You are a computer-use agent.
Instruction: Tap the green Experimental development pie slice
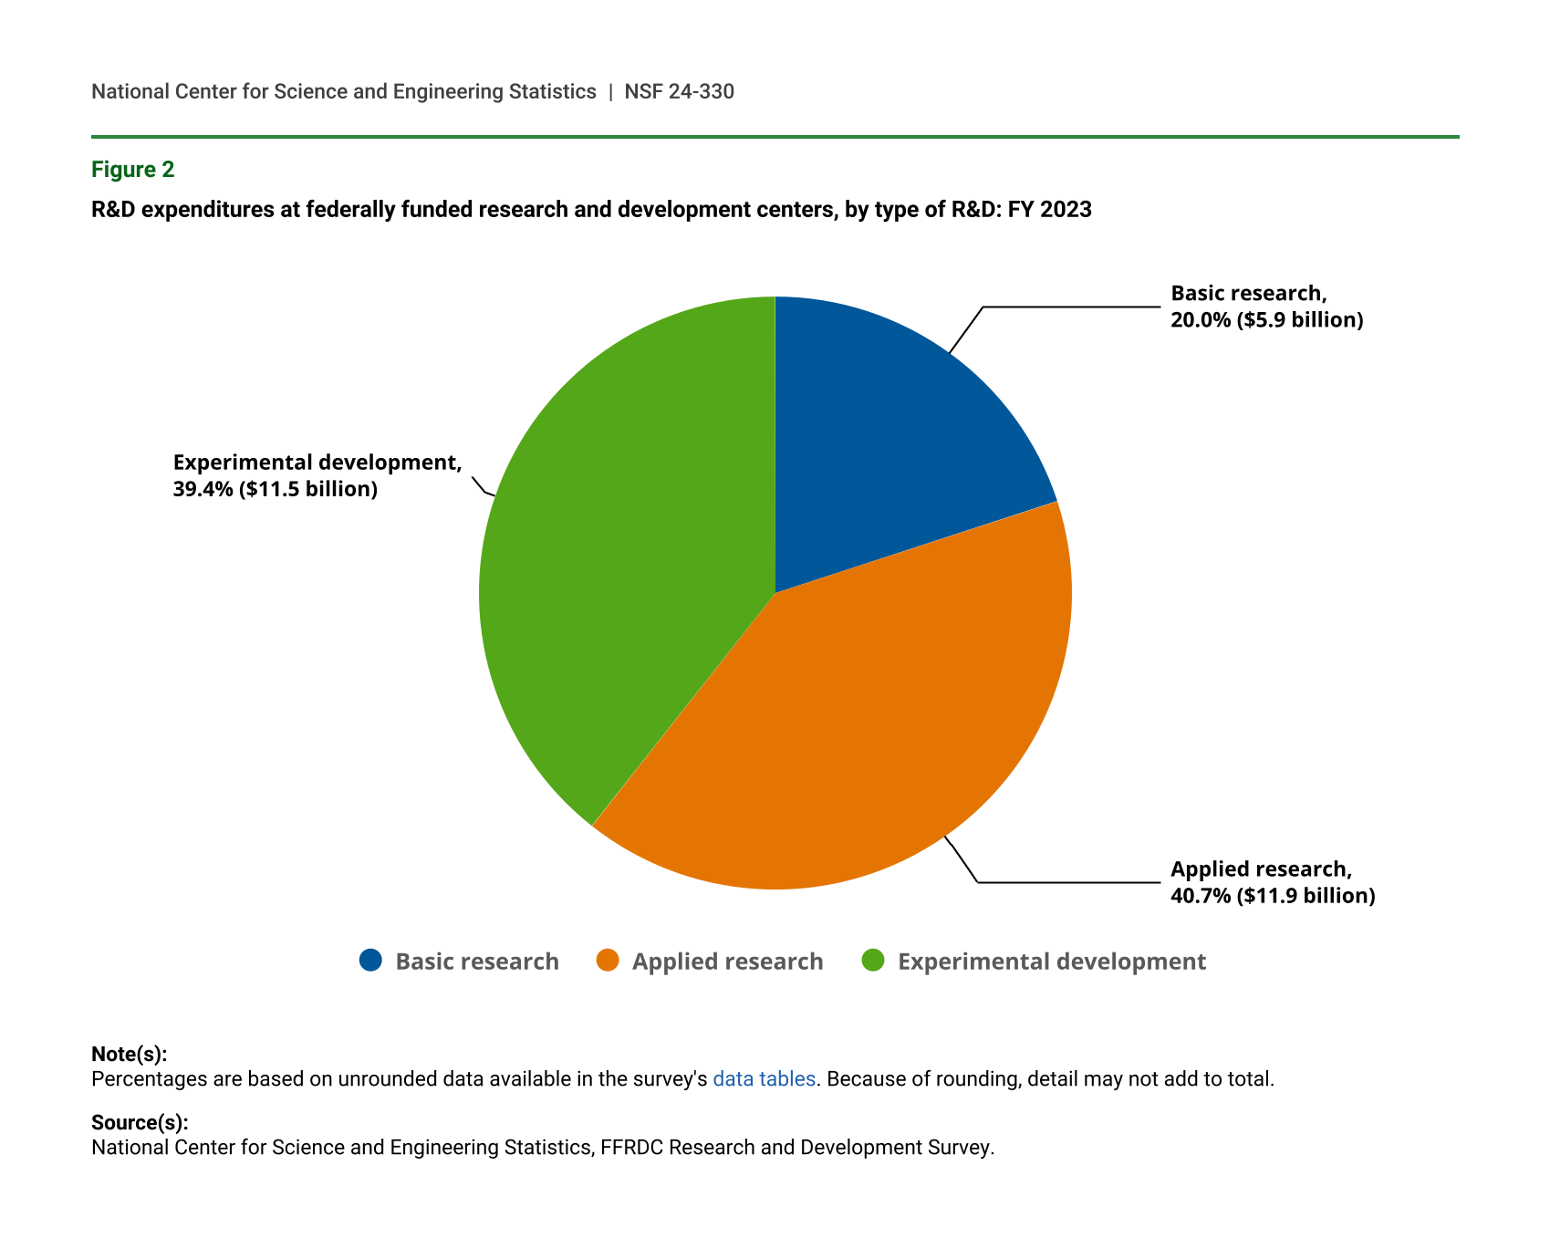tap(620, 566)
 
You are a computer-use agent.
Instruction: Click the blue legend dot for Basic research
tap(370, 961)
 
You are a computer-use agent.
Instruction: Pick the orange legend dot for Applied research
tap(608, 961)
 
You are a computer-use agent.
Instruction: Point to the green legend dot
tap(873, 961)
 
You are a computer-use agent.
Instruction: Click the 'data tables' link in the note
tap(764, 1079)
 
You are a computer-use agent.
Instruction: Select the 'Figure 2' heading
tap(132, 170)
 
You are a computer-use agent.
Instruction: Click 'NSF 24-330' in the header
tap(679, 91)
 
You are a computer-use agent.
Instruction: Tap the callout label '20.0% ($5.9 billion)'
tap(1266, 320)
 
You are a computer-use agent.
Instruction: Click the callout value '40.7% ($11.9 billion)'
tap(1273, 896)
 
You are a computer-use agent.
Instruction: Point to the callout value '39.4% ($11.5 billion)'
tap(276, 490)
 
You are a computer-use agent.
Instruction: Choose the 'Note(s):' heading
tap(129, 1055)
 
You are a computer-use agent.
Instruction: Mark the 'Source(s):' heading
tap(140, 1123)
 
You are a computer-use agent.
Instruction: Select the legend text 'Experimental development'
tap(1052, 962)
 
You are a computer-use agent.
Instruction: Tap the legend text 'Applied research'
tap(727, 962)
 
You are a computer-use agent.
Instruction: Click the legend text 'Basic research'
tap(477, 962)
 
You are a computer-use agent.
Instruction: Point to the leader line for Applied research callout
tap(1067, 882)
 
